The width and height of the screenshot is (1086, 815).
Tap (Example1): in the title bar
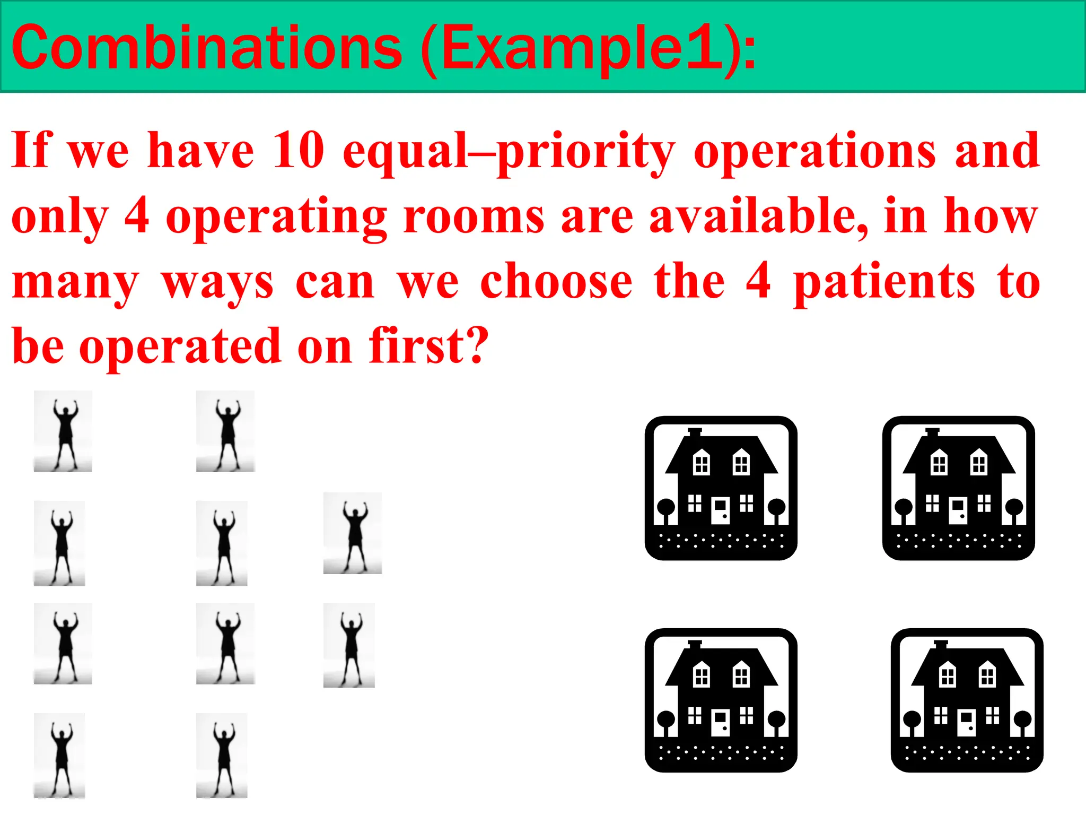[x=589, y=49]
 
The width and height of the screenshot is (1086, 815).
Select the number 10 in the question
[x=298, y=151]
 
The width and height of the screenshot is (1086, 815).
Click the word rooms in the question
[x=474, y=216]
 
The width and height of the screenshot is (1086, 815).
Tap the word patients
[x=884, y=283]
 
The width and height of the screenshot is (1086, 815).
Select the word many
[x=75, y=283]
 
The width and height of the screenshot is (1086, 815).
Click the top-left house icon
[x=721, y=488]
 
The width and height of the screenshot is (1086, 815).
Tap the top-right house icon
[x=958, y=488]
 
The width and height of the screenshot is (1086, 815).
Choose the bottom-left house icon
[x=721, y=700]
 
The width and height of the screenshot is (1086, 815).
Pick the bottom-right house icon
[x=967, y=700]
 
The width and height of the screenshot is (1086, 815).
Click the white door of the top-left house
[x=720, y=510]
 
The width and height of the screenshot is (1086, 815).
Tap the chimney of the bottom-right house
[x=941, y=644]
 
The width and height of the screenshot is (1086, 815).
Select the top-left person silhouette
[x=63, y=431]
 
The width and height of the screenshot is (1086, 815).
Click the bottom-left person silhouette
[x=59, y=756]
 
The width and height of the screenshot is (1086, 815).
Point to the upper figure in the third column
[x=353, y=533]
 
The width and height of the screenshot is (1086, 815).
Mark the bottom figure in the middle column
[x=222, y=756]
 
